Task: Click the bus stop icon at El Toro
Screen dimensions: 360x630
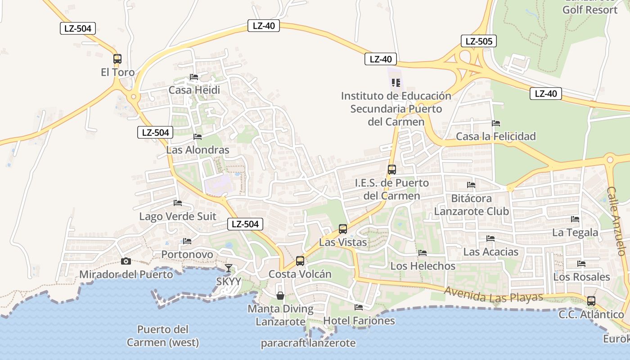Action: pos(117,58)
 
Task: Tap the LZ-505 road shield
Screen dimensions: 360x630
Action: pos(478,41)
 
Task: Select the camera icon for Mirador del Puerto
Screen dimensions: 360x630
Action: pos(126,261)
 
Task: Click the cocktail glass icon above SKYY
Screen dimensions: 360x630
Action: pos(229,268)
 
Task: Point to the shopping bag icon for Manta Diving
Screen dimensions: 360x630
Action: pos(280,295)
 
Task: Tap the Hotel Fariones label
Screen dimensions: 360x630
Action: pos(359,321)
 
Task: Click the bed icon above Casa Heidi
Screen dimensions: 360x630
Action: pos(194,77)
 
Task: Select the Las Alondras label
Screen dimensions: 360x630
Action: pos(198,150)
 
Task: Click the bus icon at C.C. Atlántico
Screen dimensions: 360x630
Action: pos(591,301)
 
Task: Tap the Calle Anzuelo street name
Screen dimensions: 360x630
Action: pos(616,221)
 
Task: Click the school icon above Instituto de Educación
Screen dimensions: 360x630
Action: pos(396,83)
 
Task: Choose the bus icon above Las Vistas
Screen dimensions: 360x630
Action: pos(343,229)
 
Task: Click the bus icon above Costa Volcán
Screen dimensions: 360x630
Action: pos(300,261)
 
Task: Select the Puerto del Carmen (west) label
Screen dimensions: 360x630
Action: pos(162,336)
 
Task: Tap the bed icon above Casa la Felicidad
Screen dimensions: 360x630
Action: pos(496,123)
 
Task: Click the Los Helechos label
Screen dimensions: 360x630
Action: pos(423,266)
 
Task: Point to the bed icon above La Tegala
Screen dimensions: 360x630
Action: pos(575,219)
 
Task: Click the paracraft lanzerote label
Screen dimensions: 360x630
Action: pos(308,343)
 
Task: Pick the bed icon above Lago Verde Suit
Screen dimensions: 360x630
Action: pos(178,203)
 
